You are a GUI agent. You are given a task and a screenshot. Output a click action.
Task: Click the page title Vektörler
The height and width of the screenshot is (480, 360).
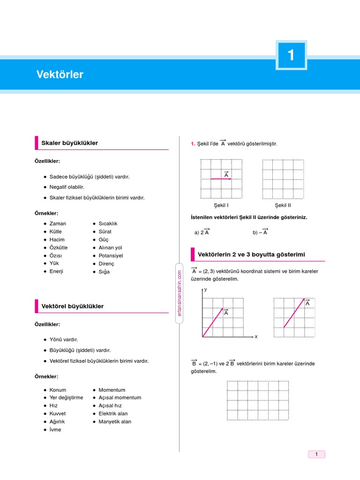point(60,75)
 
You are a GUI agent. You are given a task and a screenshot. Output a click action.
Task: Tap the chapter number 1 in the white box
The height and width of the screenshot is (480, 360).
point(291,55)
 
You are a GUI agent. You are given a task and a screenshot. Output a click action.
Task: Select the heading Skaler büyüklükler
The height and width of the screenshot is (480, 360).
point(70,143)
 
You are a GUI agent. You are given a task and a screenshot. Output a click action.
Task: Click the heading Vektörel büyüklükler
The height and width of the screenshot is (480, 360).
point(73,306)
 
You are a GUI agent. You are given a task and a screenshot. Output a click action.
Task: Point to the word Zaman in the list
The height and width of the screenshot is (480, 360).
point(58,224)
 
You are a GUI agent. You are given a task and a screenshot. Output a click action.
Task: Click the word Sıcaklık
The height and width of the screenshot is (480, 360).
point(108,224)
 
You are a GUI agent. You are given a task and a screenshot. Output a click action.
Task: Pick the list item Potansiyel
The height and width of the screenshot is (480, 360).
point(111,255)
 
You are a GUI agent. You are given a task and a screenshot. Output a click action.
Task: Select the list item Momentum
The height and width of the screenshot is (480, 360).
point(112,390)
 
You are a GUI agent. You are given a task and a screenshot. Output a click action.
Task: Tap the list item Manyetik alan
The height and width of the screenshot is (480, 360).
point(115,421)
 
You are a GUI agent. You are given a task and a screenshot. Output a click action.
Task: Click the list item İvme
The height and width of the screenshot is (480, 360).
point(55,429)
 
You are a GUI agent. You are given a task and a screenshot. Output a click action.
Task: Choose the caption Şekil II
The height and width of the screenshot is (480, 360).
point(283,205)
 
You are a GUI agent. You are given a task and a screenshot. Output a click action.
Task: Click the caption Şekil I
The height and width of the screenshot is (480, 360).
point(221,205)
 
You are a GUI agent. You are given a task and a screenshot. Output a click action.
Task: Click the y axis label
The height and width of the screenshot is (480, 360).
point(205,290)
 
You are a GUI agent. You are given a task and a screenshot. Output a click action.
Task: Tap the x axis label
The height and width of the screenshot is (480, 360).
point(256,337)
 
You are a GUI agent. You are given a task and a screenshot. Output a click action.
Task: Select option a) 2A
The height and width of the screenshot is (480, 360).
point(202,232)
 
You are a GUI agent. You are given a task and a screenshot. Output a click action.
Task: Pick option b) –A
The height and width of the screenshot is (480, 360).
point(260,232)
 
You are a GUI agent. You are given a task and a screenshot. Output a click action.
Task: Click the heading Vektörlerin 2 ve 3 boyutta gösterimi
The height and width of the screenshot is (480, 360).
point(251,254)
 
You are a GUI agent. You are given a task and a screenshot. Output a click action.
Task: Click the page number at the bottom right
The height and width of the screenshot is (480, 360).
point(316,454)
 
